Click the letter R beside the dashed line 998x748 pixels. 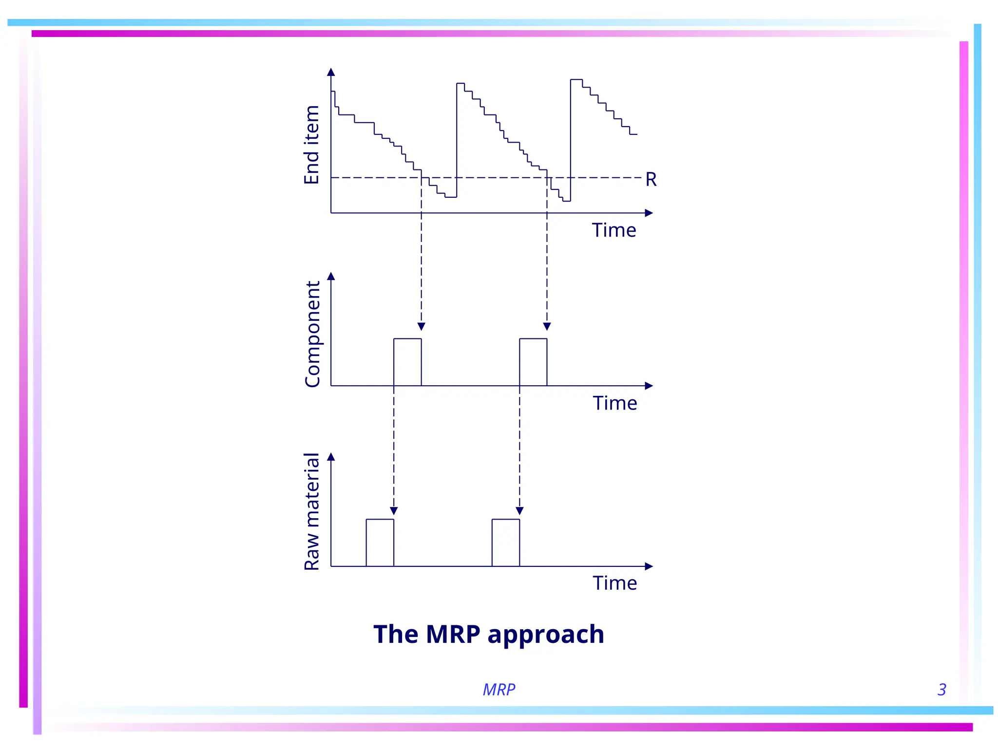coord(651,180)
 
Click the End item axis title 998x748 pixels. coord(312,145)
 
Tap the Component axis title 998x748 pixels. coord(312,334)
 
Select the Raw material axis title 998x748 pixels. coord(312,511)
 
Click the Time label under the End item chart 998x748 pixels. coord(614,230)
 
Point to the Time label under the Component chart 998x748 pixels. coord(615,403)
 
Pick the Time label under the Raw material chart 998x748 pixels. coord(615,583)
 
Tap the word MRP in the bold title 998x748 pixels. coord(453,634)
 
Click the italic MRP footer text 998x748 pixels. coord(499,690)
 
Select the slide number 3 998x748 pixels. coord(941,690)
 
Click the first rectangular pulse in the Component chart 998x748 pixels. coord(407,362)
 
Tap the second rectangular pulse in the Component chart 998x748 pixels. coord(533,362)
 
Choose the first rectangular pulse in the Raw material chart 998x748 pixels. coord(380,542)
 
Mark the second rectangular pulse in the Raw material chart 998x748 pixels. coord(506,542)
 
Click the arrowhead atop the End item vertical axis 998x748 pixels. coord(331,72)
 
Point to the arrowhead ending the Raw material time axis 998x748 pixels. coord(649,566)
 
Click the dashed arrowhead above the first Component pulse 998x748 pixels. coord(422,326)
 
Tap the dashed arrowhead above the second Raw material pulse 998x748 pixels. coord(519,511)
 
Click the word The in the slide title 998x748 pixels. coord(396,634)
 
